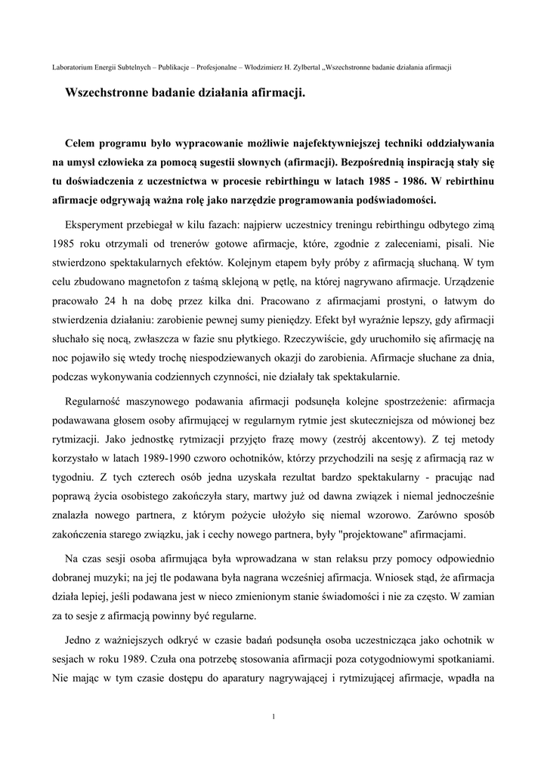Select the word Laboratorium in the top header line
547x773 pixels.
coord(74,67)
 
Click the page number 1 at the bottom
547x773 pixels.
coord(273,716)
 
